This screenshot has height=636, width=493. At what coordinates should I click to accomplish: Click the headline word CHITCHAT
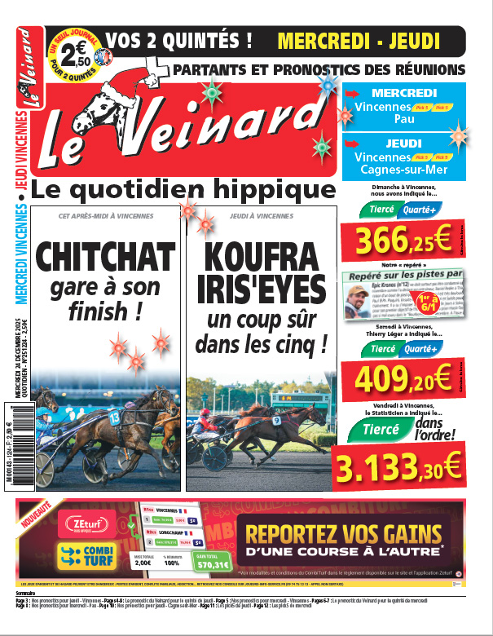click(x=105, y=257)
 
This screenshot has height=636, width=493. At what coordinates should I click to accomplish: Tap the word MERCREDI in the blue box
click(x=403, y=93)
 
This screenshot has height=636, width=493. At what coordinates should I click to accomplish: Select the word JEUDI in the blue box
click(x=403, y=143)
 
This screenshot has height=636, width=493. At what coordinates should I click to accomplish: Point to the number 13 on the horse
click(x=114, y=417)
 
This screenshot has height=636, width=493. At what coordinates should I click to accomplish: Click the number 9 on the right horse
click(x=277, y=421)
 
